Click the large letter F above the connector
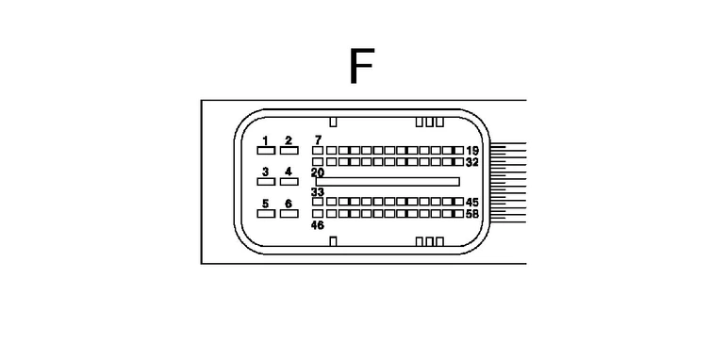click(x=361, y=66)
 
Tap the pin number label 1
click(x=266, y=140)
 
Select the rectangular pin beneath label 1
click(x=266, y=151)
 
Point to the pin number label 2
click(x=289, y=140)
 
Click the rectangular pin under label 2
click(x=289, y=151)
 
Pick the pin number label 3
click(x=266, y=172)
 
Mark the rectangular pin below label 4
click(x=289, y=182)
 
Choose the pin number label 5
click(x=266, y=204)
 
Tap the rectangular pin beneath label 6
click(x=289, y=214)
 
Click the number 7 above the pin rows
click(x=318, y=139)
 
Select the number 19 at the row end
click(x=472, y=151)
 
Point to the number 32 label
click(x=472, y=162)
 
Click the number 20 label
click(x=318, y=172)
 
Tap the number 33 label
click(x=318, y=192)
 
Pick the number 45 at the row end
click(x=472, y=203)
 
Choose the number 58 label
click(x=472, y=214)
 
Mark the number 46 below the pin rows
click(x=318, y=225)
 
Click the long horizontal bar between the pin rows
click(x=388, y=182)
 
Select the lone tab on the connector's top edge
click(x=333, y=122)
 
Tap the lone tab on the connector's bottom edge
click(x=333, y=241)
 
